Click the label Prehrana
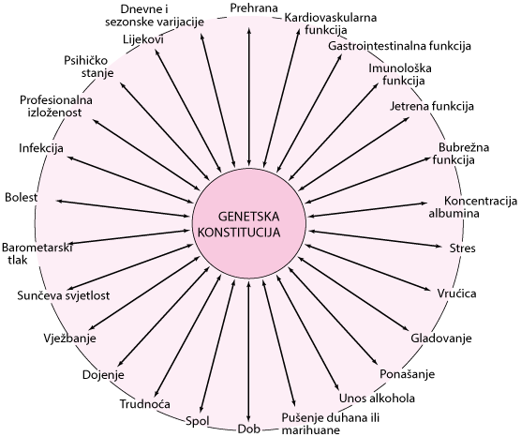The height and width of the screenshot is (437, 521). tap(254, 8)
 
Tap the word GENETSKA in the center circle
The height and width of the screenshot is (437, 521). tap(249, 217)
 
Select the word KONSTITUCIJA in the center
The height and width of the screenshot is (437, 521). tap(239, 233)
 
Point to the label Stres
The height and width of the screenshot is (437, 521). tap(462, 249)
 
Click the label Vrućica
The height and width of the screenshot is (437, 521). tap(456, 294)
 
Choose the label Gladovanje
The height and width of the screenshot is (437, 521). tap(441, 339)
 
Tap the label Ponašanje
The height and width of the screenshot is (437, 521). tap(407, 374)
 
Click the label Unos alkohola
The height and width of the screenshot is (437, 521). tap(377, 399)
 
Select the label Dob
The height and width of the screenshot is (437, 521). tap(248, 429)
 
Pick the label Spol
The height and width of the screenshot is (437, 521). tap(198, 422)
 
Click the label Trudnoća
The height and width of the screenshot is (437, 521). tap(145, 404)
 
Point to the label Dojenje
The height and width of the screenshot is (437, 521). tap(103, 375)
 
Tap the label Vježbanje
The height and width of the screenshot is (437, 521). tap(69, 339)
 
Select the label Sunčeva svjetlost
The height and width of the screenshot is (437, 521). tap(64, 295)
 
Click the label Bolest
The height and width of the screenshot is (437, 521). tap(21, 197)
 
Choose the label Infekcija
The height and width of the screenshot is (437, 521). tap(41, 148)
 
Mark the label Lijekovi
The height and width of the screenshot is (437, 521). tap(143, 39)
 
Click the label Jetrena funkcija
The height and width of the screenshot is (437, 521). tap(432, 106)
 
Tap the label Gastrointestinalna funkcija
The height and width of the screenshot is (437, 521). tap(399, 46)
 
